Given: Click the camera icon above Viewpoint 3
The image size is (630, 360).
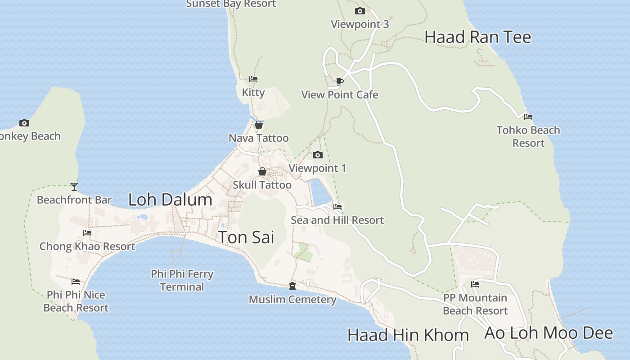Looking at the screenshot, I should pos(360,11).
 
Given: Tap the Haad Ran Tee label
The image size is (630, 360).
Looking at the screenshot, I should pos(477,37).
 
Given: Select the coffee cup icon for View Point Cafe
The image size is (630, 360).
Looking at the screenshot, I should pos(340,81).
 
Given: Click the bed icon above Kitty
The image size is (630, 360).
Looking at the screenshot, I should pos(253,79).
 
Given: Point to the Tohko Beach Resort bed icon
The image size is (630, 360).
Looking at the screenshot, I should pos(528,117).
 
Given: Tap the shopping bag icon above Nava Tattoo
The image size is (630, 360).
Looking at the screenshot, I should pos(259,125).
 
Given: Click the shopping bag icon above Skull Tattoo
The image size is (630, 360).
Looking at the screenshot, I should pos(262,171).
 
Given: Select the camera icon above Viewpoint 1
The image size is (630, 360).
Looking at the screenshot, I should pos(318,155).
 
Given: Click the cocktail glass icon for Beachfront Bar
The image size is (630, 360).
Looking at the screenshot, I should pos(74,186).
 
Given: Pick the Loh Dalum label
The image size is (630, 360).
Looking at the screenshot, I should pos(170,200).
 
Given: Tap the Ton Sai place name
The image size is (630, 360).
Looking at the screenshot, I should pos(246,237).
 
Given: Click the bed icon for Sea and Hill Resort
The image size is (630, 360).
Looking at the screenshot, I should pos(337,207).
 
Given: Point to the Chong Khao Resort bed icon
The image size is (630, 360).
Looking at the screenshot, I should pos(87,233).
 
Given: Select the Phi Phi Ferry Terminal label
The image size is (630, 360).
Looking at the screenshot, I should pos(182,280).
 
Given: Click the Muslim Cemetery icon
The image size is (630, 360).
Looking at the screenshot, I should pos(292,286).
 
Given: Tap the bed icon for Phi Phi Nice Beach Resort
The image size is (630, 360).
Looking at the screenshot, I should pos(76,282).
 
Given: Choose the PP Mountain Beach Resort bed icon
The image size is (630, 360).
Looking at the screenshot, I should pos(475,284).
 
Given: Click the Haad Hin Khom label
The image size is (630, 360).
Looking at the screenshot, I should pos(408,335).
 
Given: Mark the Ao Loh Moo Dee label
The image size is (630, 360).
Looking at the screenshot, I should pos(548,333).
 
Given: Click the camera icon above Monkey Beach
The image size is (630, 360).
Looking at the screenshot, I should pos(24,123).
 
